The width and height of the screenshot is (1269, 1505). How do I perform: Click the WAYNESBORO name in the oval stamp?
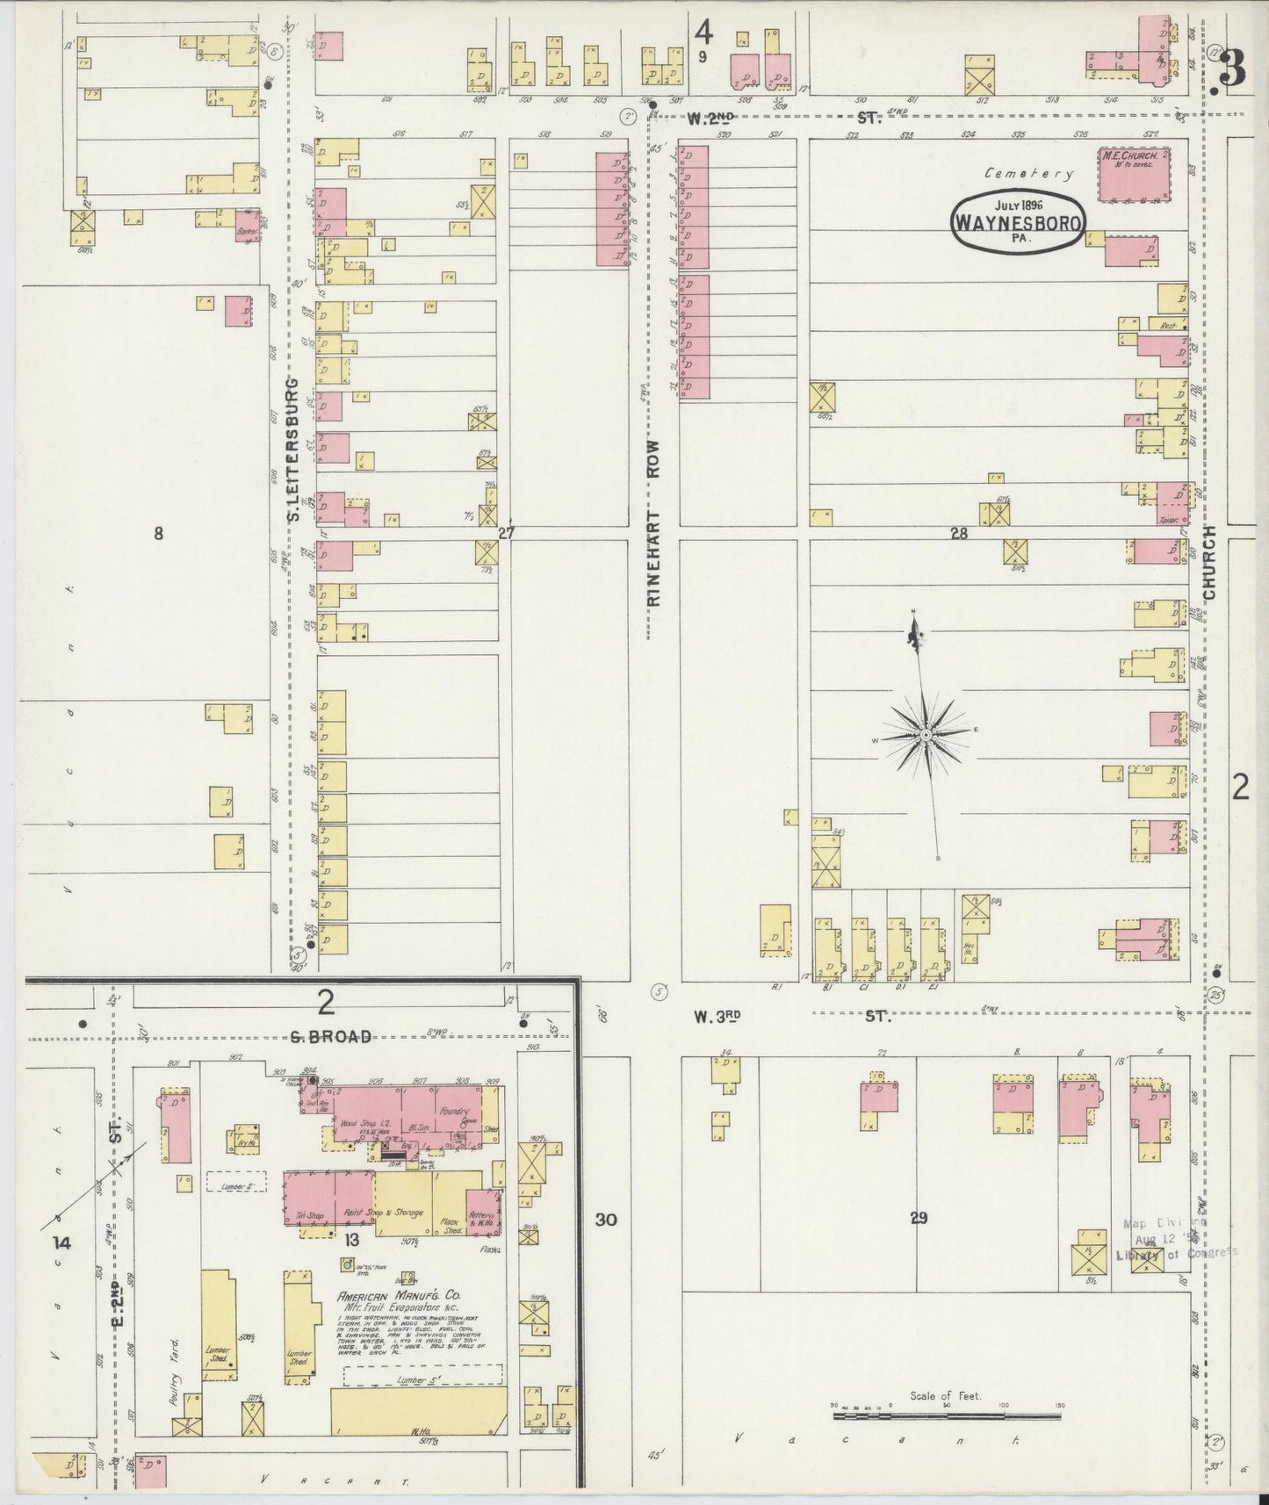click(1018, 223)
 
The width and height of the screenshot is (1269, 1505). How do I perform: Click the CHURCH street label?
click(1210, 563)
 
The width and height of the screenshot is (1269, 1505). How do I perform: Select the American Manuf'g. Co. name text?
click(402, 1296)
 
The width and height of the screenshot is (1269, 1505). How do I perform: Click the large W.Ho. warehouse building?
click(418, 1410)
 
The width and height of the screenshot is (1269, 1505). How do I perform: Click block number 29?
click(919, 1218)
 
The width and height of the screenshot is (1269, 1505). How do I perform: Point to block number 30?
click(605, 1219)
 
